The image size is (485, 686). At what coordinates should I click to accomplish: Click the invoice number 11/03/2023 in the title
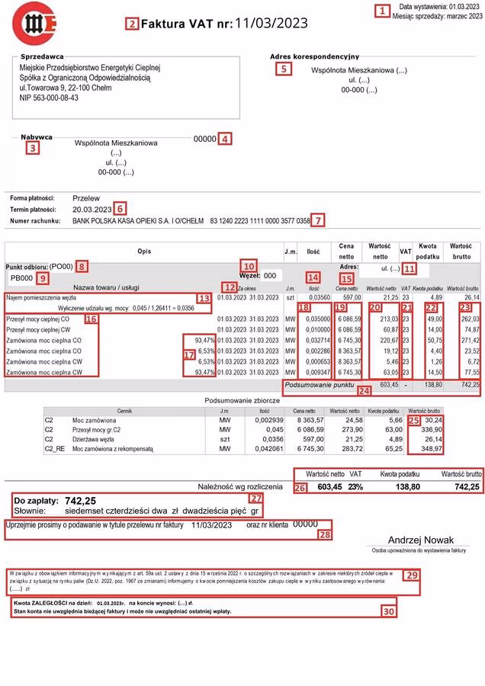tap(271, 23)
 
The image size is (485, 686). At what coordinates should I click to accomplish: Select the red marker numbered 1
tap(381, 11)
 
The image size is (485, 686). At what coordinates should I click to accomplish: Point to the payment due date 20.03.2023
tap(92, 209)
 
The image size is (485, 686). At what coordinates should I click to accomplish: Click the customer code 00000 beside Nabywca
tap(204, 139)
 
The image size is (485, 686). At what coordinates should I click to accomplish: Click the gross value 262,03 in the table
tap(469, 319)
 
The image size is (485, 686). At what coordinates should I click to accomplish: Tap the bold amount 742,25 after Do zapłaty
tap(80, 501)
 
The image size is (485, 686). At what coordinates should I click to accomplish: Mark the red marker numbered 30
tap(389, 611)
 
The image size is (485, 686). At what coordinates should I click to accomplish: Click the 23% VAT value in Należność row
tap(355, 485)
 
